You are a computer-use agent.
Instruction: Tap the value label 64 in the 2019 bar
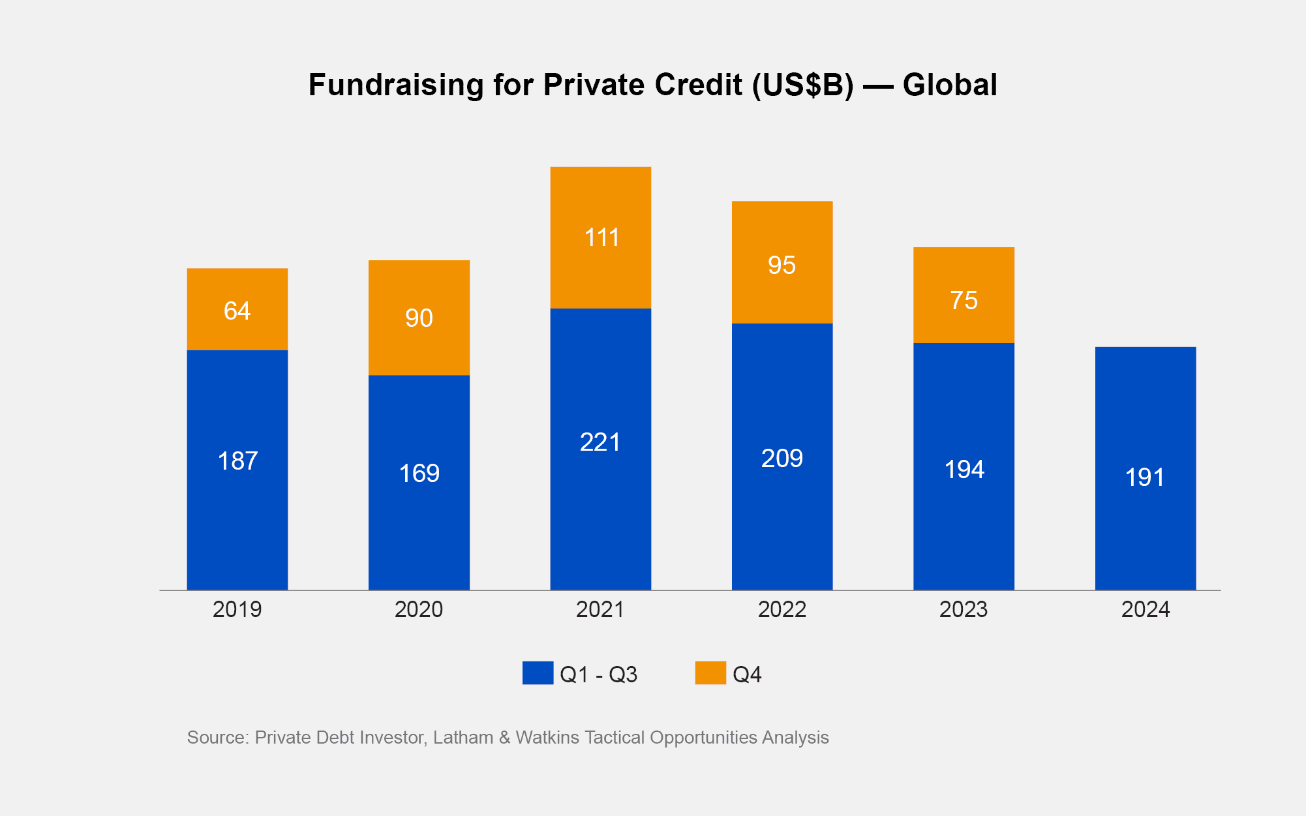click(x=237, y=311)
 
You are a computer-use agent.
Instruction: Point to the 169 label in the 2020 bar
click(x=419, y=474)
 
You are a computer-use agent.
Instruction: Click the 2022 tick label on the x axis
click(x=782, y=610)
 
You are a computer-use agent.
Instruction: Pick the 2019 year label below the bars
click(x=237, y=610)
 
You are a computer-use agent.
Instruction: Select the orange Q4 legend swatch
click(x=710, y=673)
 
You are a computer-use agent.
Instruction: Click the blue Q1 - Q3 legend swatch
click(x=538, y=673)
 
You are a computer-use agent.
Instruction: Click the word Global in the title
click(x=950, y=85)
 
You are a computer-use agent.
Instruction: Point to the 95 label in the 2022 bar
click(x=782, y=265)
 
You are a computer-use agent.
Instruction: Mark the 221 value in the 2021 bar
click(x=600, y=442)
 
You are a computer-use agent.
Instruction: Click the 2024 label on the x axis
click(x=1145, y=610)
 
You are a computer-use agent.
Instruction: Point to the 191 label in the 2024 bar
click(x=1145, y=477)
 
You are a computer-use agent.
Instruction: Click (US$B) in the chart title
click(x=802, y=85)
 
